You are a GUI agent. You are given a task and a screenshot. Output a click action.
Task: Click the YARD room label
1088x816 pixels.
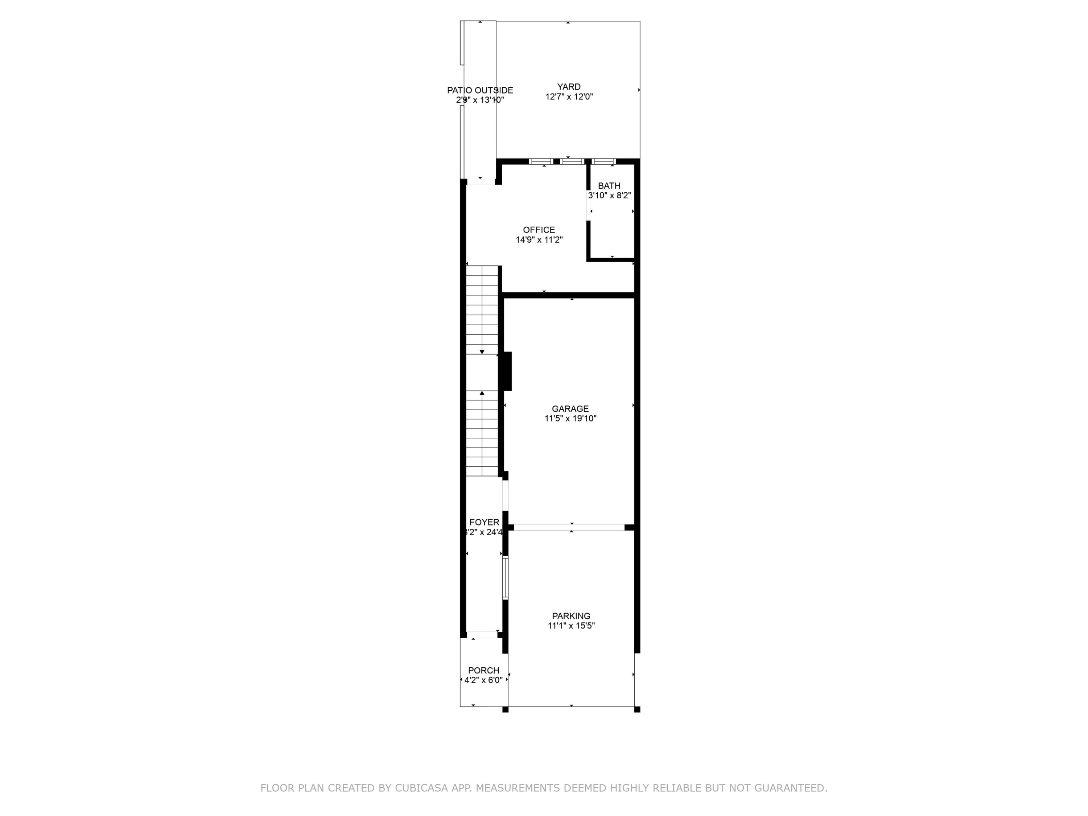569,87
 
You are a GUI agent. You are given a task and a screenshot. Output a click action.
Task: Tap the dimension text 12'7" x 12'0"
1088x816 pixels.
569,97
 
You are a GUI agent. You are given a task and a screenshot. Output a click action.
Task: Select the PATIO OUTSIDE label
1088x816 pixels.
479,91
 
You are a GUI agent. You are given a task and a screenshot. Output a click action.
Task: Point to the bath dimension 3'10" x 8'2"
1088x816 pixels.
609,195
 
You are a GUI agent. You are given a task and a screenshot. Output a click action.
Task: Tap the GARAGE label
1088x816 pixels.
570,409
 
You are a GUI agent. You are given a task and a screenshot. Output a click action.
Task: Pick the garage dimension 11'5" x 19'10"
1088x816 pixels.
570,419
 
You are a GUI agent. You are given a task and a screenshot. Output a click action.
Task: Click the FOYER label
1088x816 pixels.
484,522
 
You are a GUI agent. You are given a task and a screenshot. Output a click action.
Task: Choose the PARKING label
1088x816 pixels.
570,616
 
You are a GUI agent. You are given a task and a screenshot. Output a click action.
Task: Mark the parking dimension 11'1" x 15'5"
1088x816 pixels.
570,626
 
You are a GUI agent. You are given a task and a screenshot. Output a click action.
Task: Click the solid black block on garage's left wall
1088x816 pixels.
506,371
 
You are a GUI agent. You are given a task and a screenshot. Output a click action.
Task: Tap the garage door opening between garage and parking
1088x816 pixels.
569,527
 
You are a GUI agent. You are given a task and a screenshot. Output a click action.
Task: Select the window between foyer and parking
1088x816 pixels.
505,577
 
